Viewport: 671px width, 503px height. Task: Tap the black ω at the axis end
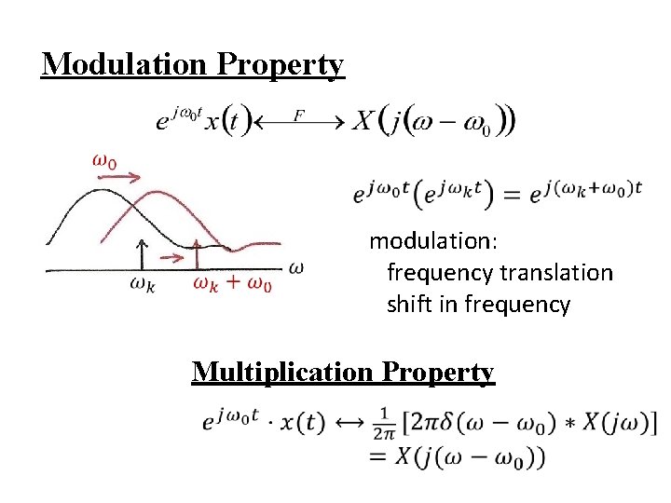[296, 268]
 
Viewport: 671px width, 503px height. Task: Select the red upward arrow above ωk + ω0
[197, 253]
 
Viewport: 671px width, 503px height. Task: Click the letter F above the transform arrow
[299, 115]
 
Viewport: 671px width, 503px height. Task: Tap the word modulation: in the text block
[433, 241]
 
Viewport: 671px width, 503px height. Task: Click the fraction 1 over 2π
[383, 423]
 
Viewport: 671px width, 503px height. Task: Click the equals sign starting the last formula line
[378, 456]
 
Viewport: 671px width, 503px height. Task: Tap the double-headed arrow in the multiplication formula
[350, 422]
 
